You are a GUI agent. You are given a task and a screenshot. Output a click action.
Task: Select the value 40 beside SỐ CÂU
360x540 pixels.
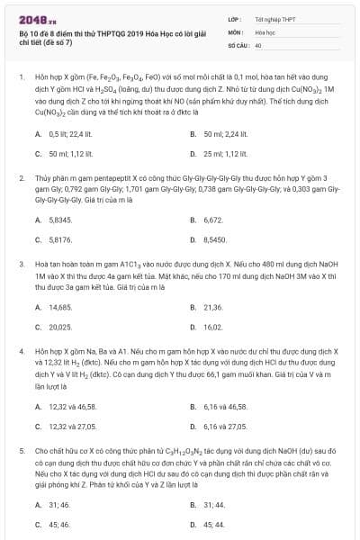coord(258,44)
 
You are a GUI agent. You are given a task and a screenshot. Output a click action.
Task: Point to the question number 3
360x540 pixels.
coord(21,264)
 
